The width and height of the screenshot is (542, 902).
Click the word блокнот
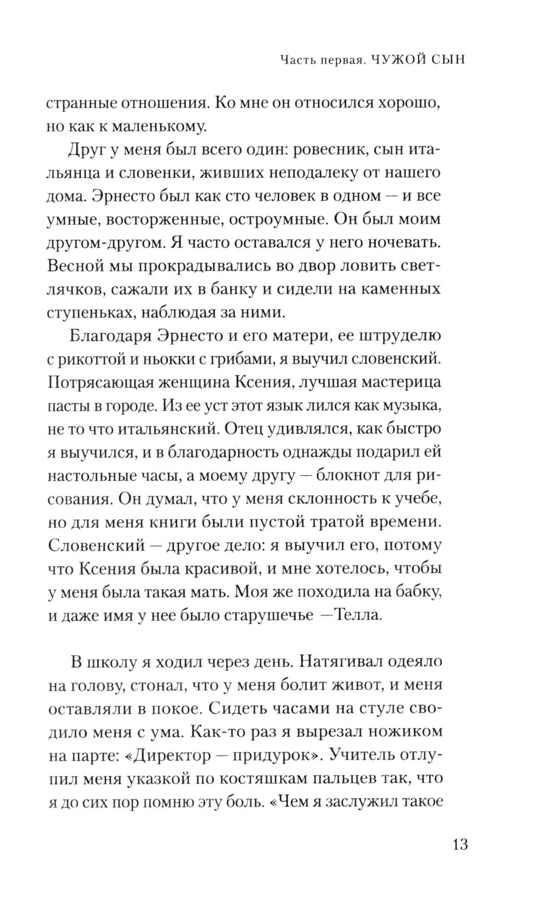(358, 476)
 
